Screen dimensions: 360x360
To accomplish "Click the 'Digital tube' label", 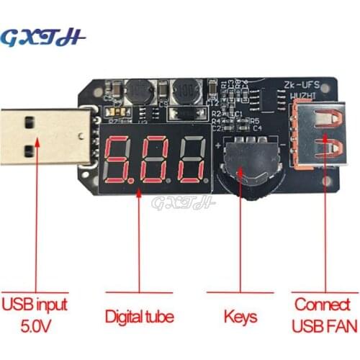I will click(140, 316).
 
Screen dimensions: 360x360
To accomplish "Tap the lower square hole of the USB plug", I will click(27, 151).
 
